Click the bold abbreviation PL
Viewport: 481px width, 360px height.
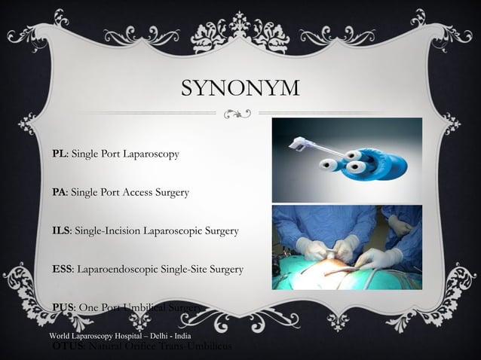pos(58,154)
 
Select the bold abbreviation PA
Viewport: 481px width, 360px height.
pos(58,192)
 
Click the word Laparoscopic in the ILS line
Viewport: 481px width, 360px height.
pos(174,230)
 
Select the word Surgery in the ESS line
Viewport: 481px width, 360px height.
pos(225,269)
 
